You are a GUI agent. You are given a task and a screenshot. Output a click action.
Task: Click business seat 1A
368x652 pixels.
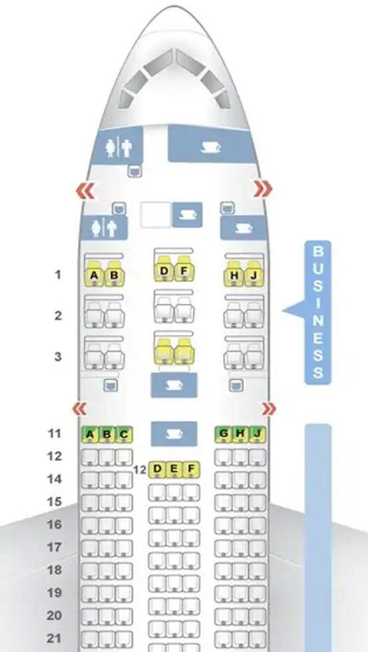pos(94,274)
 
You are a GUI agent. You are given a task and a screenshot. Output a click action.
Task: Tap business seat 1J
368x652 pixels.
pos(254,274)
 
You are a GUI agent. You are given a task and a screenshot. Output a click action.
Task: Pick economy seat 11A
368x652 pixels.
pos(90,434)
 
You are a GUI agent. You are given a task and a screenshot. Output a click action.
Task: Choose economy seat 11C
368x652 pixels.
pos(124,434)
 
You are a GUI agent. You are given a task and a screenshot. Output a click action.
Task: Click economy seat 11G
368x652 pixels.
pos(224,434)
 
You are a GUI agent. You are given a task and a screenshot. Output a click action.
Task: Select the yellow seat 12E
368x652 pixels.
pos(174,470)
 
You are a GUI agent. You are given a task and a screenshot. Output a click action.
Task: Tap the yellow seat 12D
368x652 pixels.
pos(157,470)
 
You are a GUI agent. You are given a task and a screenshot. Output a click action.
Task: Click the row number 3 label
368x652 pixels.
pos(58,357)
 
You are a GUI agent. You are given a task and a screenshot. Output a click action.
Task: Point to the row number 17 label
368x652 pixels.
pos(55,547)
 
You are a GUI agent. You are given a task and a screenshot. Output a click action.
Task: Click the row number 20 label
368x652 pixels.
pos(55,615)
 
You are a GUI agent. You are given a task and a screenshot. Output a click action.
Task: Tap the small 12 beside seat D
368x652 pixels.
pos(140,470)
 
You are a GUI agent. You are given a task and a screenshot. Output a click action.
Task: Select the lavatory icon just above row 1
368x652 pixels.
pos(104,228)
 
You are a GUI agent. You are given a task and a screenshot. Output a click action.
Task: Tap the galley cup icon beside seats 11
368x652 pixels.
pos(174,434)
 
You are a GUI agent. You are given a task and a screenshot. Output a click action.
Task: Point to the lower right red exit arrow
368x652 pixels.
pos(269,409)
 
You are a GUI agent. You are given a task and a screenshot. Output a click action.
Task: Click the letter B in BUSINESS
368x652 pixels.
pos(317,251)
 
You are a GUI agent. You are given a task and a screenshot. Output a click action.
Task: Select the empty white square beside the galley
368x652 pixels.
pos(156,215)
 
